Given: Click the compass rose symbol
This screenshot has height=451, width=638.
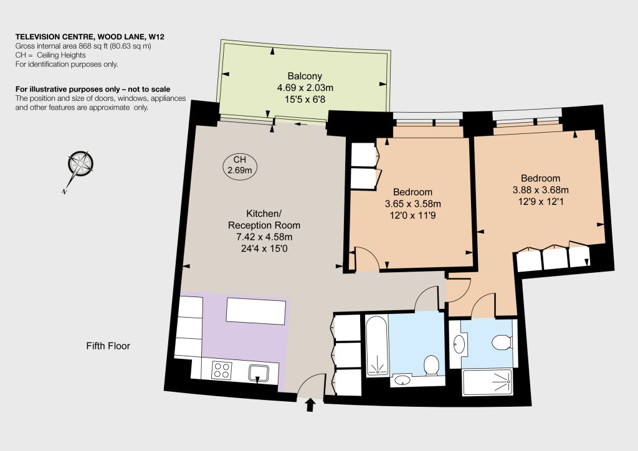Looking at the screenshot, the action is click(x=80, y=164).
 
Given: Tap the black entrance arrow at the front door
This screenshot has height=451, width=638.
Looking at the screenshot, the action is click(x=310, y=405).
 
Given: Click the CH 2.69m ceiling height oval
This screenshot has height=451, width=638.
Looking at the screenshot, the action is click(x=240, y=164).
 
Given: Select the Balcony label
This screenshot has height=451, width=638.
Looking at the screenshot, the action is click(x=305, y=75).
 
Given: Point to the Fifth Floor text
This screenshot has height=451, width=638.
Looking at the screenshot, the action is click(x=108, y=346).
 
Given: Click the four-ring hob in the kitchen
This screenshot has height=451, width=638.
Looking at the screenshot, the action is click(x=222, y=370).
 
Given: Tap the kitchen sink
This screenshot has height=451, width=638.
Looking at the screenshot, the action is click(x=259, y=373).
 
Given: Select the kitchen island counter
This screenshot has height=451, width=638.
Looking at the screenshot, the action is click(x=256, y=311).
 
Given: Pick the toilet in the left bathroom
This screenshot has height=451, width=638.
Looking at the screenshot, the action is click(x=431, y=365).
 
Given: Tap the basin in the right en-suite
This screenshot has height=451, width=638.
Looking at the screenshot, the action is click(x=460, y=344).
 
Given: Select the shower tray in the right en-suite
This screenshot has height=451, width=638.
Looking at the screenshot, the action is click(x=487, y=382).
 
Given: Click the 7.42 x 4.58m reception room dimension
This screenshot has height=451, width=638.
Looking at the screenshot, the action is click(x=264, y=237).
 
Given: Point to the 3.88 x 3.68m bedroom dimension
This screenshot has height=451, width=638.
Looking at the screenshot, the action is click(x=541, y=189).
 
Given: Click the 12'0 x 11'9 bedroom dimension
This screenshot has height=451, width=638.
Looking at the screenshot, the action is click(x=412, y=215).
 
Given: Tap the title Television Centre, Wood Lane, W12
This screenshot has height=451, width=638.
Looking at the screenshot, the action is click(x=90, y=37).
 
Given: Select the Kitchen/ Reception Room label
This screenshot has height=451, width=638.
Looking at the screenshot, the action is click(x=264, y=219).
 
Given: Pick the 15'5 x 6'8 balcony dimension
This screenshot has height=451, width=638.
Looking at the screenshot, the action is click(x=305, y=99).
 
